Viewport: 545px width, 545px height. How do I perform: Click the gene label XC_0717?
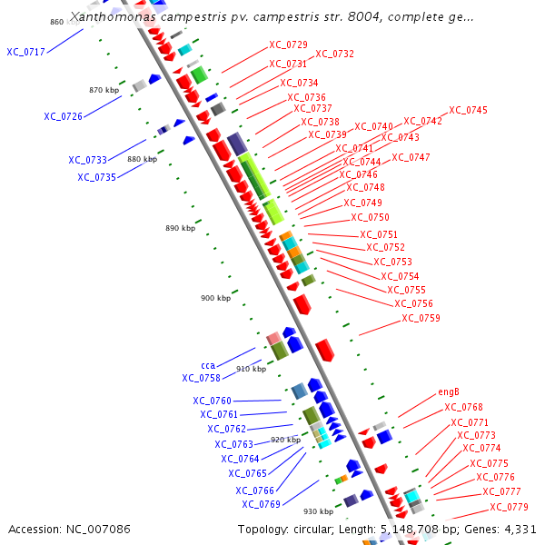pos(25,52)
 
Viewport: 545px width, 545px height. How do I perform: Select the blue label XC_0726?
pos(63,116)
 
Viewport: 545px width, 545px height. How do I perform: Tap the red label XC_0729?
pos(288,45)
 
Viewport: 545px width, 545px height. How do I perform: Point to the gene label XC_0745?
pos(468,111)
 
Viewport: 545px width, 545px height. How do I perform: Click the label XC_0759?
pos(421,318)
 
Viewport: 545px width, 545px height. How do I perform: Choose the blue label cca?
pos(208,365)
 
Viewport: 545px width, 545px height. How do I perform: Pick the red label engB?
pos(449,391)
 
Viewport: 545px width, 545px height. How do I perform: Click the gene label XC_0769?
pos(261,504)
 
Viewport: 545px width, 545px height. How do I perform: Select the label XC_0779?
pos(509,507)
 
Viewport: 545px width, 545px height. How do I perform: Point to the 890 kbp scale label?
pos(180,228)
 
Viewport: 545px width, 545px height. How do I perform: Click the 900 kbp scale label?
pos(215,298)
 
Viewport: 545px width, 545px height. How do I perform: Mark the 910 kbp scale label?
pos(251,369)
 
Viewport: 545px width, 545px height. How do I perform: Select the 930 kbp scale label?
pos(318,510)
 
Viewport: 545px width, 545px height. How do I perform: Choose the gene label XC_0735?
pos(96,177)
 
